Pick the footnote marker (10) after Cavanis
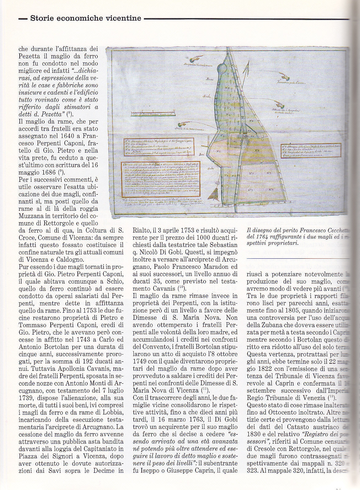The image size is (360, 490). (x=181, y=288)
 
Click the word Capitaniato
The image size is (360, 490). (x=98, y=449)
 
